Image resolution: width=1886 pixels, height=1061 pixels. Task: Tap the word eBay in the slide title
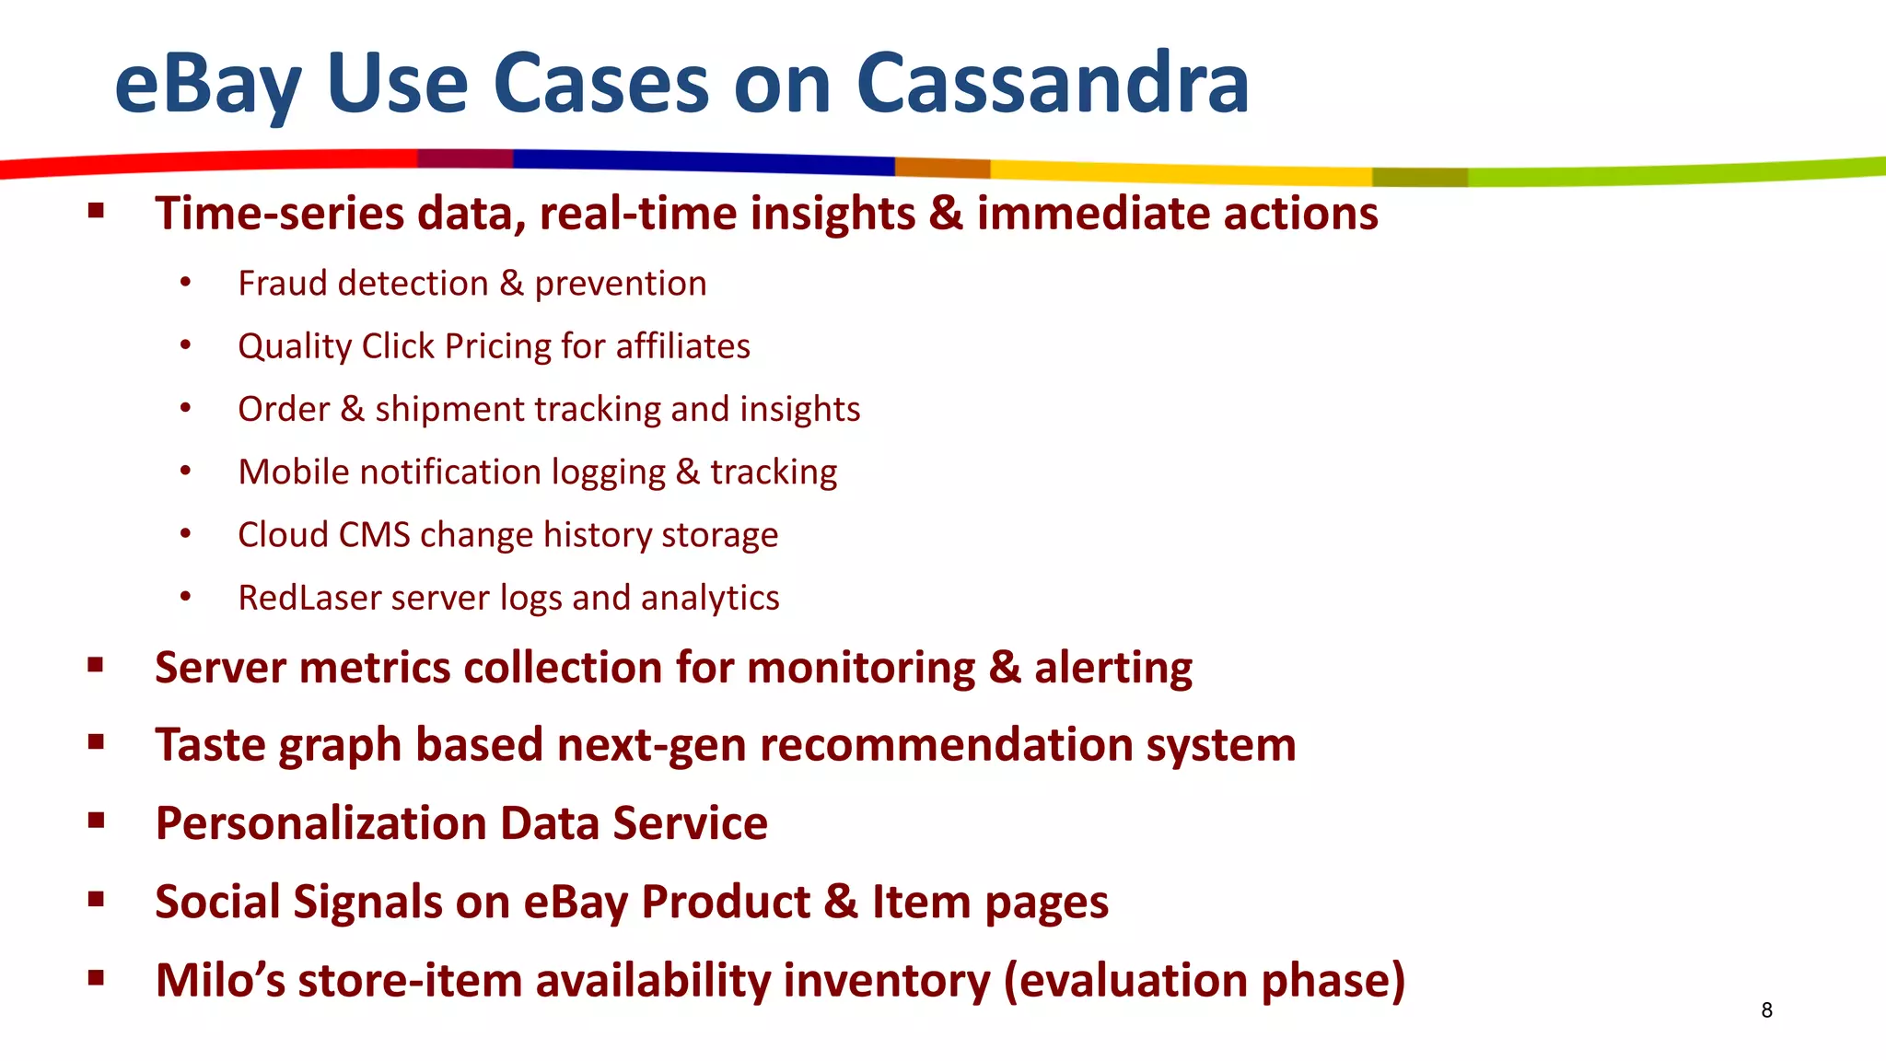click(x=207, y=85)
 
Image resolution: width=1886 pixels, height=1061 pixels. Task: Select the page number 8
click(x=1766, y=1010)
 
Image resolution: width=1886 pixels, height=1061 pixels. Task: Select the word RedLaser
click(x=309, y=598)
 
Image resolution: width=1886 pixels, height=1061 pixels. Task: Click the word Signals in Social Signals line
click(x=367, y=903)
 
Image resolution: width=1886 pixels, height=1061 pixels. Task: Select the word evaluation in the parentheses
click(x=1129, y=980)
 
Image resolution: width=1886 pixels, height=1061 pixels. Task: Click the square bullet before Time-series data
click(x=96, y=212)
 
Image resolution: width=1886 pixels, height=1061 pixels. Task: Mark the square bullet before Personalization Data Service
click(x=96, y=821)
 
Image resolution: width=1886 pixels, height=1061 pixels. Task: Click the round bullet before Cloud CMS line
click(x=185, y=533)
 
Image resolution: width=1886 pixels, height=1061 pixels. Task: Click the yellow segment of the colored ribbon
click(x=1179, y=172)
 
